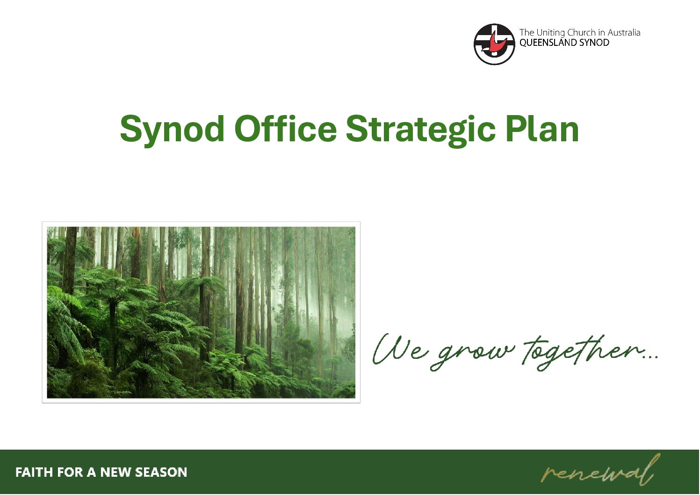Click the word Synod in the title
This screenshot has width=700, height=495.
172,130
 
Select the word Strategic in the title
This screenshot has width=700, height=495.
421,130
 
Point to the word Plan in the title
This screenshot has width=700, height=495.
542,128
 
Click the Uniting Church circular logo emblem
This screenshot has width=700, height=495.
494,44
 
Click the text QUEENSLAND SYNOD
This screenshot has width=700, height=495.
564,43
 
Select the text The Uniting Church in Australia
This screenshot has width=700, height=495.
580,33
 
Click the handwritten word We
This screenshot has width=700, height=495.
400,349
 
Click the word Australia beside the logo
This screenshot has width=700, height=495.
624,33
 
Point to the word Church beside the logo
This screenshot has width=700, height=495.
581,33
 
